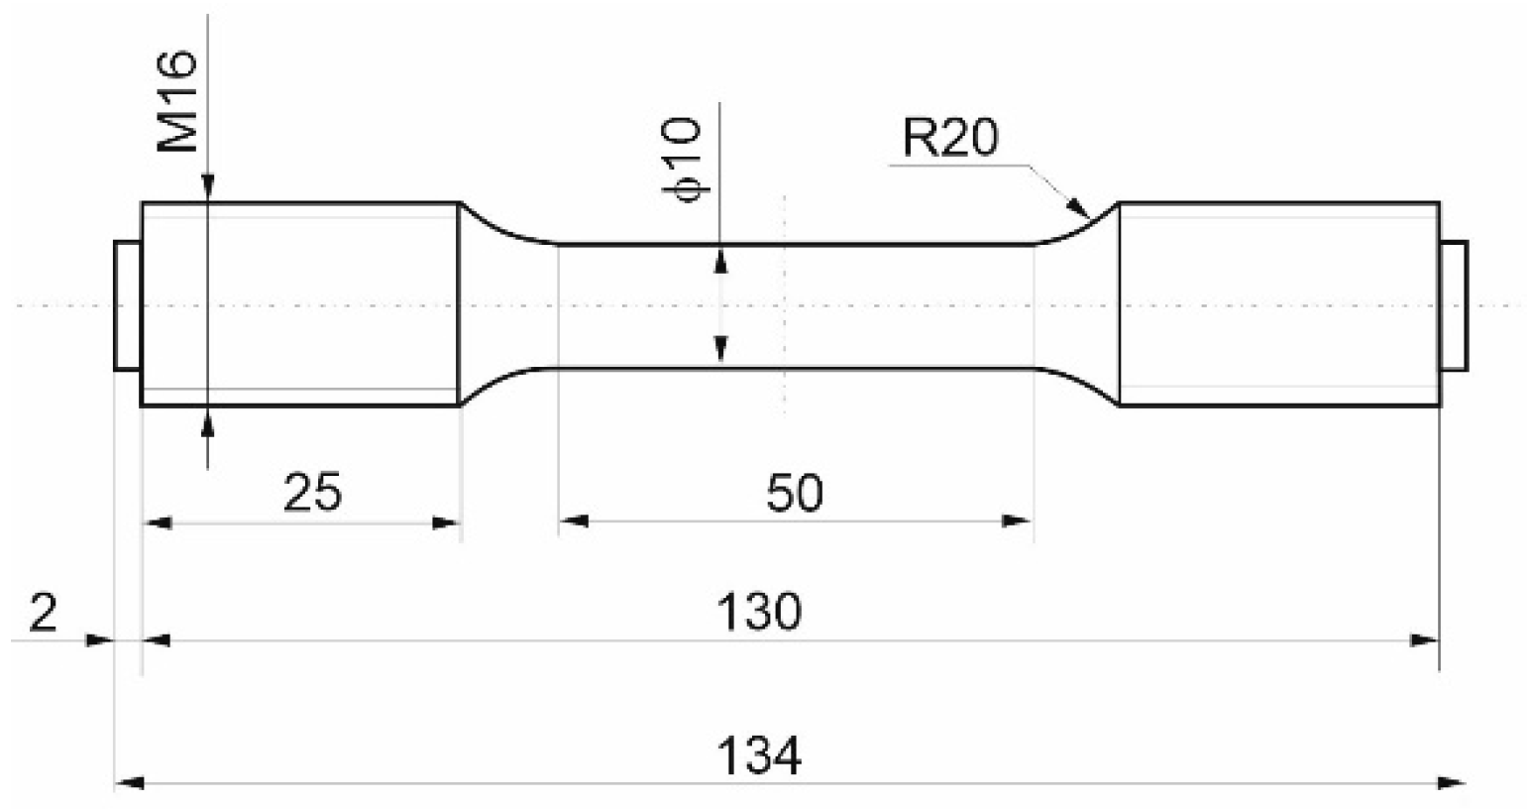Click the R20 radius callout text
[949, 141]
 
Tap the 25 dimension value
[312, 492]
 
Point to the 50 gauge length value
[795, 492]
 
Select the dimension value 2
[44, 615]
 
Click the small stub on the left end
[127, 304]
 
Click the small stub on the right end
[1454, 304]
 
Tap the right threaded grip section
[1278, 304]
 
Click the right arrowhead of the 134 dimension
[1453, 783]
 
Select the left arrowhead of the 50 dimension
[574, 520]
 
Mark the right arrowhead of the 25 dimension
[447, 521]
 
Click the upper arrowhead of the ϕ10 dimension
[721, 259]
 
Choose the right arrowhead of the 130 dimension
[1426, 640]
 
